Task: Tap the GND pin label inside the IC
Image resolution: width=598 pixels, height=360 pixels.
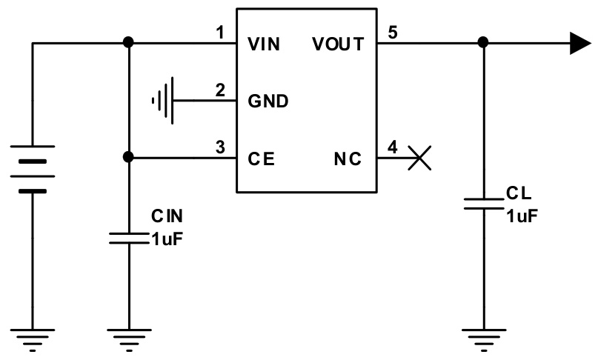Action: (x=268, y=101)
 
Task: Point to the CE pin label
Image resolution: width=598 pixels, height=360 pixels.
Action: (x=261, y=158)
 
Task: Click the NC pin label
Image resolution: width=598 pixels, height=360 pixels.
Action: (x=347, y=158)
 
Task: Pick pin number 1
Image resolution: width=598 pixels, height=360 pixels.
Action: (x=219, y=33)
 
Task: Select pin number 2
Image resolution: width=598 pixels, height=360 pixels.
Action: (x=219, y=90)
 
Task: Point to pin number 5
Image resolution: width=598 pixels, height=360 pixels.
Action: (x=392, y=33)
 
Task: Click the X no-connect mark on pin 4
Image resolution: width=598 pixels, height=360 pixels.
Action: (x=421, y=158)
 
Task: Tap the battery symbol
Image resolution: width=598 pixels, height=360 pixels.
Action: (x=33, y=170)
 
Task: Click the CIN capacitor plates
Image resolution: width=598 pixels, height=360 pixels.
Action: (x=129, y=238)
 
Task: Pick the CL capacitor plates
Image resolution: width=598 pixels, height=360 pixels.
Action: (x=483, y=204)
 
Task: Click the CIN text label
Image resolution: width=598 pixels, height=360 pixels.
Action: (x=167, y=216)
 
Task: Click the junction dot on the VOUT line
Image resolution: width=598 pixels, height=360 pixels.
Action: (x=483, y=43)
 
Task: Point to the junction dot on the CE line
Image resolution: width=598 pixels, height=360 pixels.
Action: (x=129, y=158)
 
